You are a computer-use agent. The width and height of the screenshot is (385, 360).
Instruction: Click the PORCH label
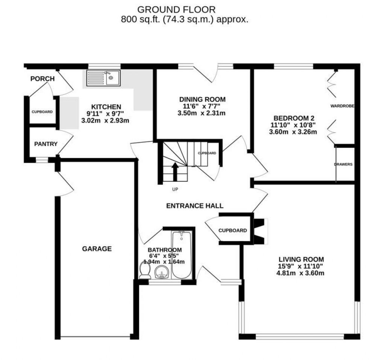pyautogui.click(x=42, y=79)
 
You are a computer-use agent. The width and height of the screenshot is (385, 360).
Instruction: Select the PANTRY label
pyautogui.click(x=46, y=144)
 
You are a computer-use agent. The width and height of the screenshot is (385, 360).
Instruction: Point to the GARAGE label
pyautogui.click(x=97, y=249)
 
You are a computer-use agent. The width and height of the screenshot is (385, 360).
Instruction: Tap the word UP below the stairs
pyautogui.click(x=175, y=190)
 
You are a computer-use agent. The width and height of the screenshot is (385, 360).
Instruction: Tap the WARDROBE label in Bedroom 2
pyautogui.click(x=343, y=106)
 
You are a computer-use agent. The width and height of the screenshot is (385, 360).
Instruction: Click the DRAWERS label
pyautogui.click(x=343, y=164)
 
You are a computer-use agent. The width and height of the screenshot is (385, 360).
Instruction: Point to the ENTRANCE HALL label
pyautogui.click(x=195, y=206)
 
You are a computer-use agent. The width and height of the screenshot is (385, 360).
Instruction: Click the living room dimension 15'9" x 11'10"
pyautogui.click(x=301, y=266)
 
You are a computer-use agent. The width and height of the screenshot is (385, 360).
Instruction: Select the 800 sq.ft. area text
pyautogui.click(x=184, y=20)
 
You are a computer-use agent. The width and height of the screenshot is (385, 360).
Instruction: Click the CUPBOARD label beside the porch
pyautogui.click(x=42, y=112)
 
